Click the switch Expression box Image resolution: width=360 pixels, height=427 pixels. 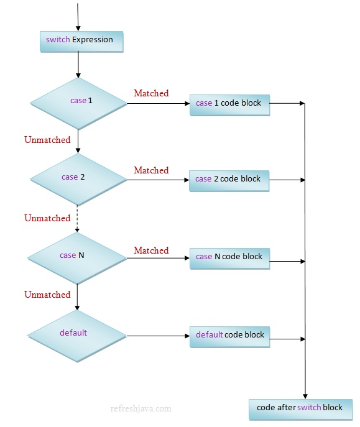tap(81, 41)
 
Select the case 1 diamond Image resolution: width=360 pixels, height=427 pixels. tap(78, 101)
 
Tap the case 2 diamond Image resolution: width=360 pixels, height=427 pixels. tap(78, 178)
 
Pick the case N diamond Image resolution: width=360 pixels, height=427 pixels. tap(77, 256)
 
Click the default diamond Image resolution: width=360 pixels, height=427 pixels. tap(76, 334)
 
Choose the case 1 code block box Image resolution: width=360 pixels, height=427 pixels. tap(229, 104)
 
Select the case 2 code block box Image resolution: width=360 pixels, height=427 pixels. tap(229, 180)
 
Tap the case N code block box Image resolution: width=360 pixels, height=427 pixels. tap(229, 257)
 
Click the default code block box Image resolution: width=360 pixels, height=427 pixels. tap(230, 336)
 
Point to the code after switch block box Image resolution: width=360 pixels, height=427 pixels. tap(300, 409)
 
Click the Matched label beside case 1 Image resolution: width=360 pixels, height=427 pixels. tap(151, 93)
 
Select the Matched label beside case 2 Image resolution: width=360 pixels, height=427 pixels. tap(151, 170)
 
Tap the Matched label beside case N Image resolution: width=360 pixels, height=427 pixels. tap(151, 250)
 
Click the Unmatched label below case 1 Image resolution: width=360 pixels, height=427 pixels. tap(47, 140)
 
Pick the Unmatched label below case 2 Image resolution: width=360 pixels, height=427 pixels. tap(47, 218)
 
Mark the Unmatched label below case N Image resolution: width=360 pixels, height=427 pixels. tap(47, 295)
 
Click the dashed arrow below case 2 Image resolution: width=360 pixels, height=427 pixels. tap(78, 219)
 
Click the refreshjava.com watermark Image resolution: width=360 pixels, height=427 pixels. tap(140, 409)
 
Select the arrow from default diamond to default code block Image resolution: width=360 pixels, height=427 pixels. tap(158, 336)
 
